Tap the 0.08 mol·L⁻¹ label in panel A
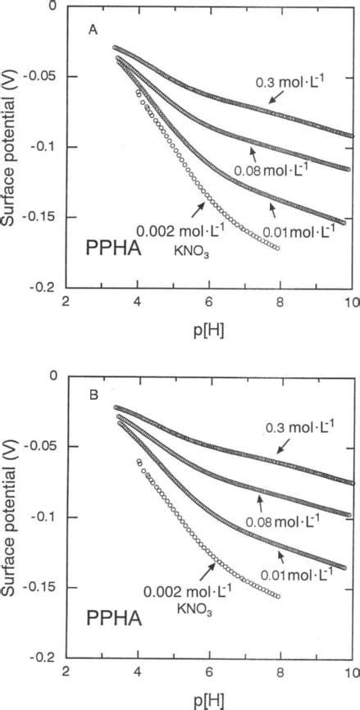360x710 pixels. click(267, 171)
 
